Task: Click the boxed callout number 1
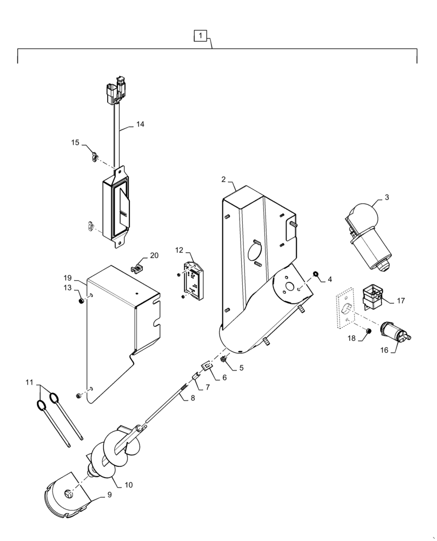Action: point(200,36)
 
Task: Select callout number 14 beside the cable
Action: point(140,124)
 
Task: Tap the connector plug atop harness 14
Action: point(117,91)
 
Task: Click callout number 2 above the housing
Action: point(223,179)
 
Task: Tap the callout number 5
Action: point(241,368)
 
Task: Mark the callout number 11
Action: point(28,382)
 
